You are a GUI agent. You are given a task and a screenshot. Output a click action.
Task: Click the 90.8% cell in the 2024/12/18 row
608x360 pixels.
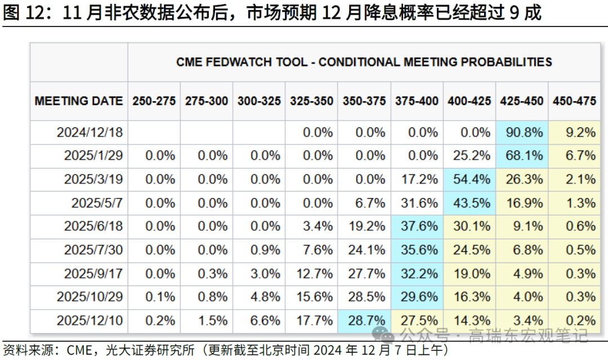tap(522, 133)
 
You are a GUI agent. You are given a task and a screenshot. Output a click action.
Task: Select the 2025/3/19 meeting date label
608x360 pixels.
tap(93, 179)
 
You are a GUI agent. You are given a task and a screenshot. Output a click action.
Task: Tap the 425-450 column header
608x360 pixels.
tap(522, 101)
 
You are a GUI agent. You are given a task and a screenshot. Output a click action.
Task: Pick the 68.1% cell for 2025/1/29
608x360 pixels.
tap(522, 156)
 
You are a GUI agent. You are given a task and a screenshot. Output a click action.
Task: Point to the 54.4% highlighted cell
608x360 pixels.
tap(469, 179)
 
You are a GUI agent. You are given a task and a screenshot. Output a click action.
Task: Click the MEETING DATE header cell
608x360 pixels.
tap(79, 101)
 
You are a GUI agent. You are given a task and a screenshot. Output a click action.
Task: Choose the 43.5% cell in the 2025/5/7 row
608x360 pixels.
tap(469, 203)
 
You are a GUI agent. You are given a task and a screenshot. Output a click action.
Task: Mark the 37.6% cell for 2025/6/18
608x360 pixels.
tap(417, 227)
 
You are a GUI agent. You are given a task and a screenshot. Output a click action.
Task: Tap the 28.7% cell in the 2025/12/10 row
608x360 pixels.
tap(364, 321)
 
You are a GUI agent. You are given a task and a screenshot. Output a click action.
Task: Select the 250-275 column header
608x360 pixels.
tap(154, 101)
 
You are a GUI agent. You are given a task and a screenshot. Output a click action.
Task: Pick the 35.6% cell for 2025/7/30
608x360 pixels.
tap(417, 250)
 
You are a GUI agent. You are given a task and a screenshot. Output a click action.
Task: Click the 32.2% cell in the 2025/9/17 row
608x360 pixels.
tap(417, 274)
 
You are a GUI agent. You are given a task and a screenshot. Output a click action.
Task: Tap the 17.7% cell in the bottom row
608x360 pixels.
tap(311, 321)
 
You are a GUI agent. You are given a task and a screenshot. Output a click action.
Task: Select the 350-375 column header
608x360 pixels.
tap(364, 101)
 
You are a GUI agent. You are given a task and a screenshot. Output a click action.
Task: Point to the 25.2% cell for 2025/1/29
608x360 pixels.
tap(469, 156)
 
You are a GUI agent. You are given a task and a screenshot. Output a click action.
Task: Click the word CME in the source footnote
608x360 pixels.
tap(79, 350)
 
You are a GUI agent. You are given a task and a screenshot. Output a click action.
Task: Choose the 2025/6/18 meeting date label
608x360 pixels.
tap(93, 227)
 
